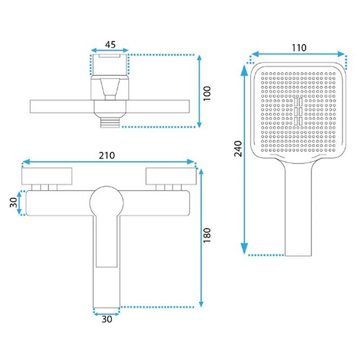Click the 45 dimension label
(110, 44)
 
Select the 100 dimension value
(207, 93)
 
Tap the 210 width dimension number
(107, 156)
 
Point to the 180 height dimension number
(207, 235)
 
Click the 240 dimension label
(238, 149)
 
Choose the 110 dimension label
(299, 48)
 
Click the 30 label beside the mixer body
(14, 202)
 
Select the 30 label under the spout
(107, 319)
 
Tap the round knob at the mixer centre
(107, 203)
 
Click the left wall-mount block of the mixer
(47, 176)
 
